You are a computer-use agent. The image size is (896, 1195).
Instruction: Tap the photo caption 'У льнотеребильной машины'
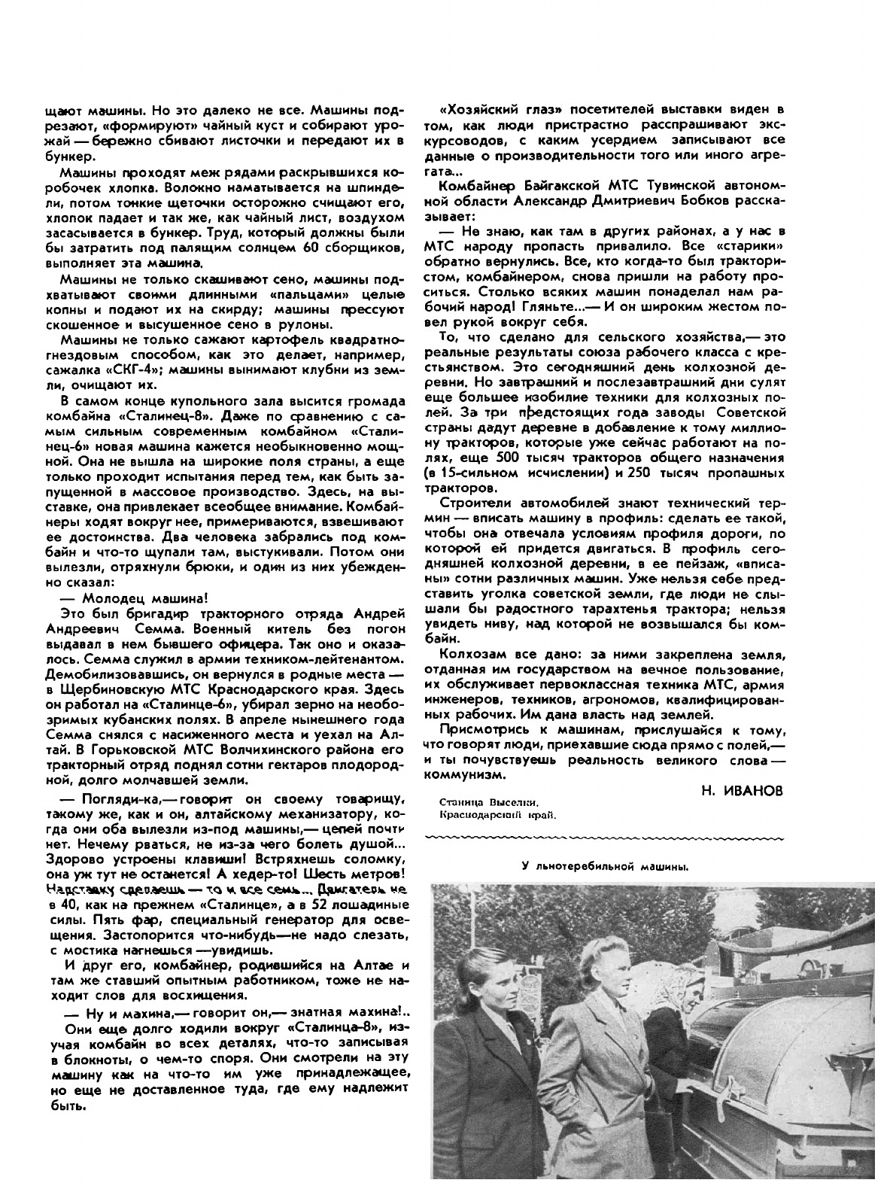(x=606, y=866)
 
